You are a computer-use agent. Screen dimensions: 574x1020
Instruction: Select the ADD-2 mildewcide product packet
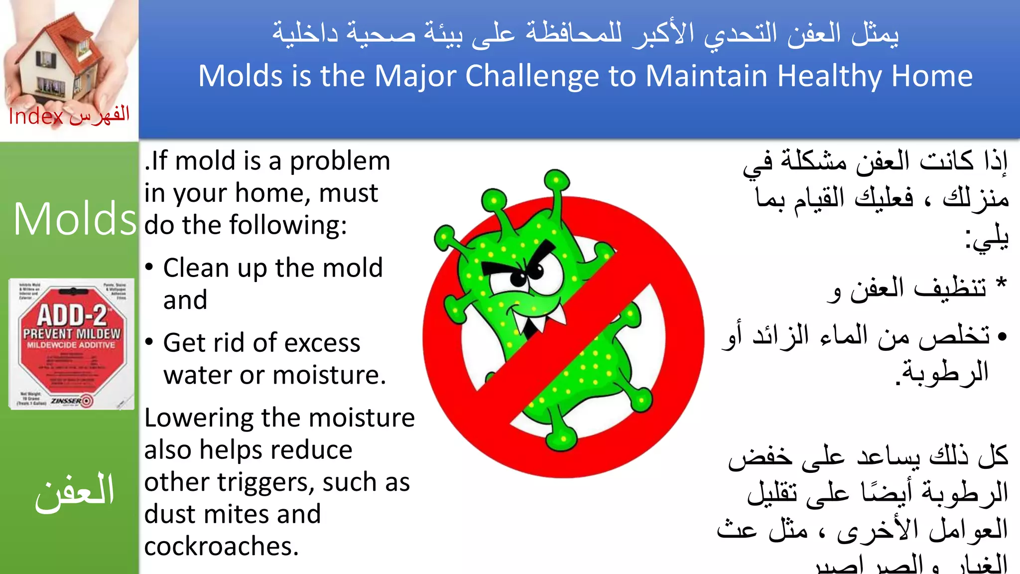coord(72,343)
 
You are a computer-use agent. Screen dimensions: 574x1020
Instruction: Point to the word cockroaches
coord(221,547)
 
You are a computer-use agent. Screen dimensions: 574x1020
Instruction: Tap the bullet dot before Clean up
coord(149,267)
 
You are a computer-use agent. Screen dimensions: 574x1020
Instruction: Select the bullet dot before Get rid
coord(149,342)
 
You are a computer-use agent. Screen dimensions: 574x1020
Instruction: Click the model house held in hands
coord(60,57)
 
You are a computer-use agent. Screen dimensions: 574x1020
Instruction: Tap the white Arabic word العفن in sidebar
coord(75,492)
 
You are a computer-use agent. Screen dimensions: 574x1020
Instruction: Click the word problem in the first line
coord(340,161)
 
